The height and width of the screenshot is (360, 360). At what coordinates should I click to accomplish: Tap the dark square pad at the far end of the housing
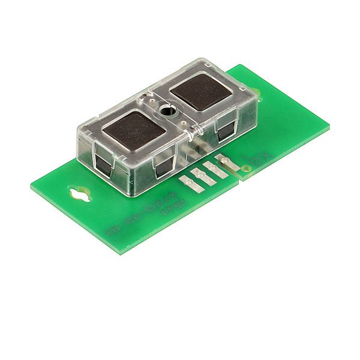[199, 91]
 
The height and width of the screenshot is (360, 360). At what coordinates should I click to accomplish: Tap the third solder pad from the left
[210, 167]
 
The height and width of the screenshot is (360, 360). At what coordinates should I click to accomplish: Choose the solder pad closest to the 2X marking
[223, 160]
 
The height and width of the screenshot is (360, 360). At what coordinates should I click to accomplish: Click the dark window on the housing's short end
[103, 164]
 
